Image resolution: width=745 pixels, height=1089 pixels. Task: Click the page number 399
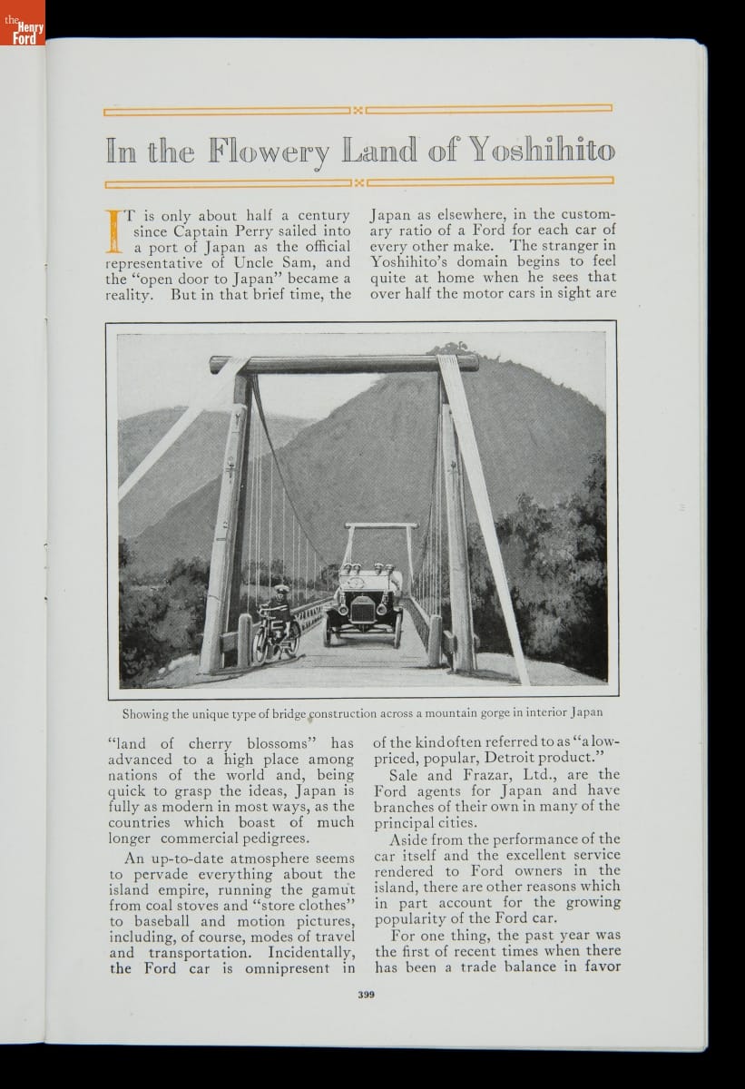pyautogui.click(x=366, y=995)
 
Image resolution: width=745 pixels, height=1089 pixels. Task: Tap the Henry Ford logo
pyautogui.click(x=22, y=25)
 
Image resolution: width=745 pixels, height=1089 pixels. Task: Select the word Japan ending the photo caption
pyautogui.click(x=586, y=712)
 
